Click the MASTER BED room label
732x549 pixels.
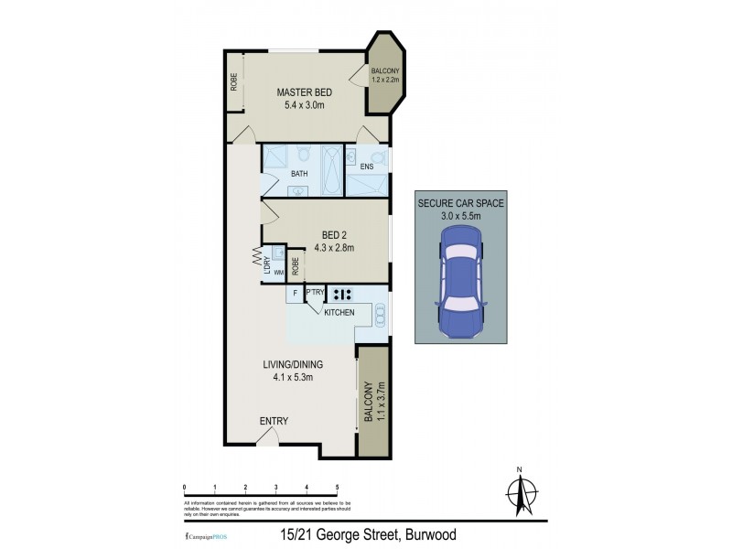(x=305, y=93)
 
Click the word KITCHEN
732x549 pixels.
(x=338, y=313)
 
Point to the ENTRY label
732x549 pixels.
(x=274, y=421)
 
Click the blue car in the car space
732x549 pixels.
(x=460, y=282)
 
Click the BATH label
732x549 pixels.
(x=299, y=173)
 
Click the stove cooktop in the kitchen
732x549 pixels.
(x=343, y=295)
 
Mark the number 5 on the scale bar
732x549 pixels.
(x=338, y=487)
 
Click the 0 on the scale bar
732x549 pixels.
(x=185, y=487)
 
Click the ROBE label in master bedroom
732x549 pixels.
(x=233, y=82)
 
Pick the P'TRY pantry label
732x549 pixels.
(x=315, y=294)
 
